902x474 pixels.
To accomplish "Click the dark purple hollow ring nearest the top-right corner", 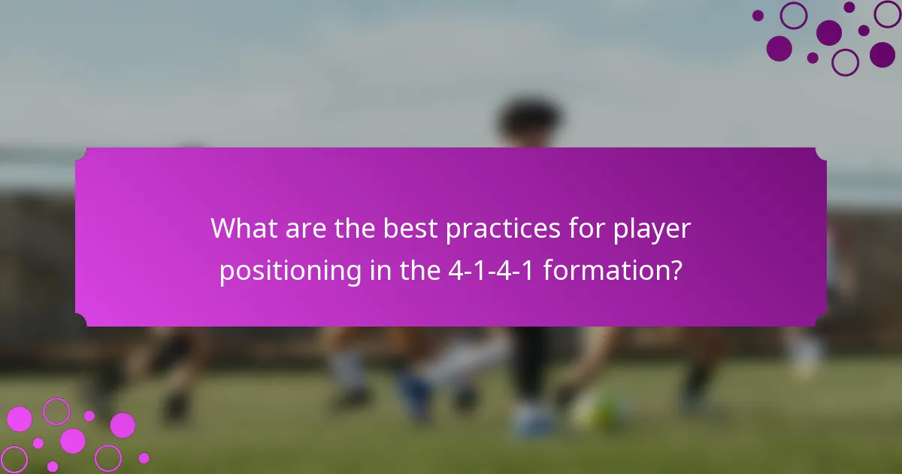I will (888, 14).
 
